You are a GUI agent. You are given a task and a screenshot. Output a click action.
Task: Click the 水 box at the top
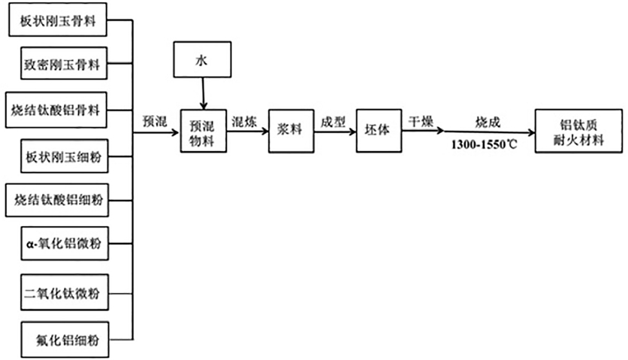(x=201, y=59)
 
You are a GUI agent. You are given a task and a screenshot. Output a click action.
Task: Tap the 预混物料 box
(x=203, y=130)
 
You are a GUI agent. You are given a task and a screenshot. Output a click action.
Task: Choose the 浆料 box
(x=290, y=130)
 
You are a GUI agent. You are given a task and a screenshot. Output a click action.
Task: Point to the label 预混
(x=155, y=120)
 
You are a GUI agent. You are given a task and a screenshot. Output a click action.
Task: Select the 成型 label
(x=334, y=120)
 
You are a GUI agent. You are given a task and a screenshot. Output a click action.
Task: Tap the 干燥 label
(x=421, y=120)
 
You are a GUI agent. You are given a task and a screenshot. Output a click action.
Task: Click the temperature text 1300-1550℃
(x=485, y=144)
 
